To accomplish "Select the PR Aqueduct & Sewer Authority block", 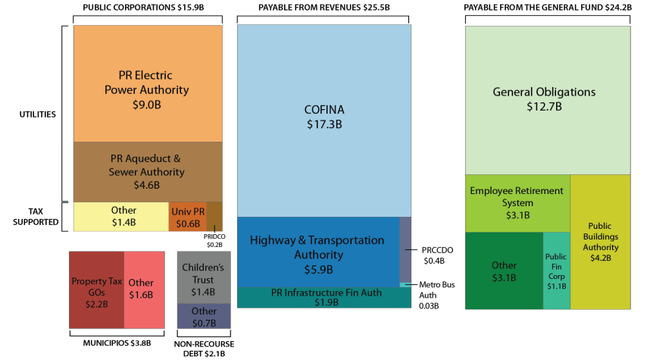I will (147, 171).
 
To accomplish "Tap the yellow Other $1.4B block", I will (120, 216).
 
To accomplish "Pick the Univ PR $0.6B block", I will (186, 216).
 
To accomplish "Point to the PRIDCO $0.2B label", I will (214, 240).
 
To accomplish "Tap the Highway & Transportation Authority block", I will (318, 253).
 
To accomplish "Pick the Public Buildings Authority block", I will (600, 241).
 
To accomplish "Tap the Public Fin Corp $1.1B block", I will (556, 271).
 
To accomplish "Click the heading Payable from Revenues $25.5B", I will (323, 8).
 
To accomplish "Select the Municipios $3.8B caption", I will (117, 343).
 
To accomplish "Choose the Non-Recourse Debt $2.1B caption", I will (203, 348).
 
